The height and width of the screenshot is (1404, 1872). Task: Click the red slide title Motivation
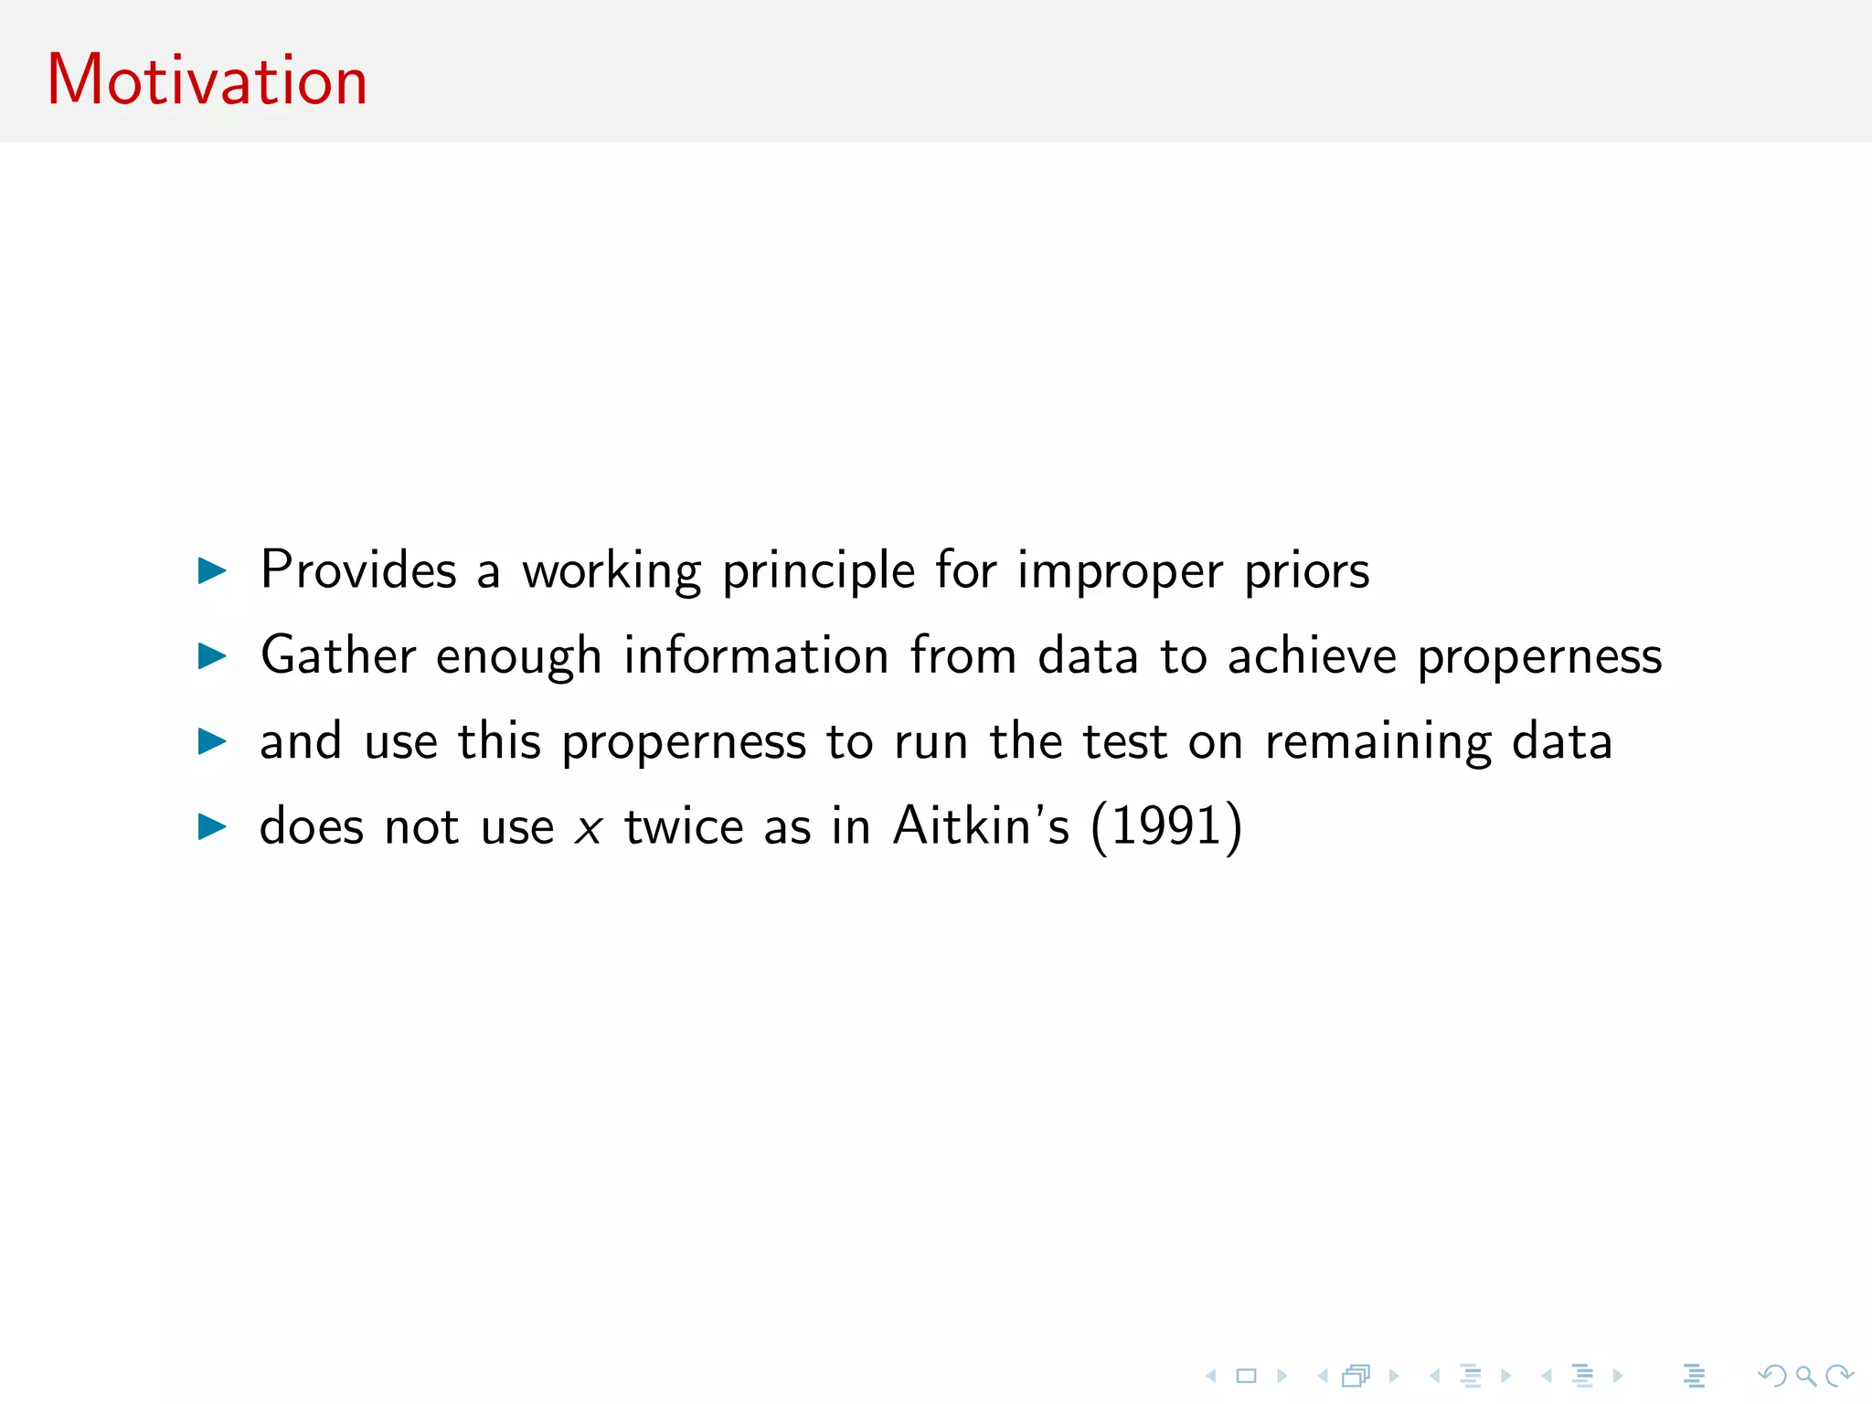tap(207, 80)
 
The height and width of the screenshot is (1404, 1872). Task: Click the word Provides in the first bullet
tap(357, 570)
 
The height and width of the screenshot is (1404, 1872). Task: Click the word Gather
tap(338, 656)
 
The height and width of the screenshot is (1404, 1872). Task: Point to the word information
tap(756, 656)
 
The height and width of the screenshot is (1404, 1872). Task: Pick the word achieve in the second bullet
tap(1312, 656)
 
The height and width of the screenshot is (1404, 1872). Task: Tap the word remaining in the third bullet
tap(1378, 742)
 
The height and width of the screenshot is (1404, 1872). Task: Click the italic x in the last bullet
tap(589, 828)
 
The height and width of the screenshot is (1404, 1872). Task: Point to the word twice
tap(684, 826)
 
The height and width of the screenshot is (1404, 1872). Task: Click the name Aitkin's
tap(980, 826)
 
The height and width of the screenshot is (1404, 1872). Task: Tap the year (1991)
tap(1166, 826)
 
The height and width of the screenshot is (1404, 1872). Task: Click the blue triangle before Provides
tap(212, 571)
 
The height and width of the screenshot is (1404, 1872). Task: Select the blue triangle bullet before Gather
tap(212, 655)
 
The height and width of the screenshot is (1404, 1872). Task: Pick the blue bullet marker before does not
tap(212, 827)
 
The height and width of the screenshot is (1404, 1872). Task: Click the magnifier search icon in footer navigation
tap(1804, 1375)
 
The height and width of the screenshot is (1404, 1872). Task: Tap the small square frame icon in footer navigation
tap(1247, 1375)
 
